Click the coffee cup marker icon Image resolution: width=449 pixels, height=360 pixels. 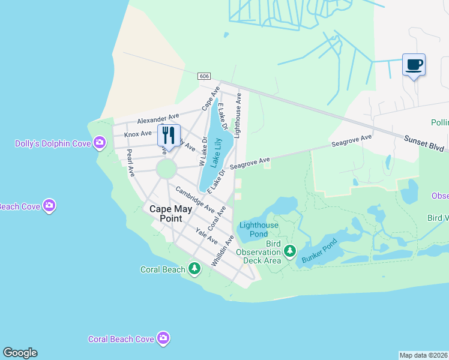click(x=414, y=64)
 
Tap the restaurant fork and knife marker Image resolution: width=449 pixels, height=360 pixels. click(x=169, y=134)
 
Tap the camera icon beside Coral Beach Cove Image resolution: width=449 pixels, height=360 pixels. click(x=163, y=339)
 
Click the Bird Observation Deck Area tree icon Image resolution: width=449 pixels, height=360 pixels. click(x=290, y=251)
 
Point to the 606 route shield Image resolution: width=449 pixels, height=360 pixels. click(x=205, y=76)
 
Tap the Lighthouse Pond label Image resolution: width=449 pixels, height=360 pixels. click(x=259, y=229)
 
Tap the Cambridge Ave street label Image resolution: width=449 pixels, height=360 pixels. click(x=195, y=200)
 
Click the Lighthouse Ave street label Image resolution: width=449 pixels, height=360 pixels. click(x=238, y=115)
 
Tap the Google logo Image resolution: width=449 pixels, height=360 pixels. click(x=20, y=353)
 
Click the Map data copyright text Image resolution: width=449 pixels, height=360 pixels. click(x=423, y=355)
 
